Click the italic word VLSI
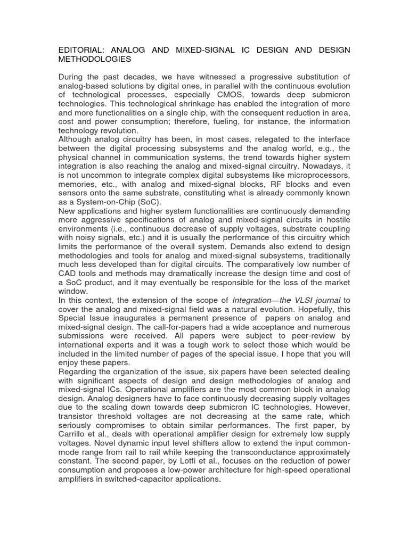point(304,301)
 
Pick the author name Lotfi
point(189,461)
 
